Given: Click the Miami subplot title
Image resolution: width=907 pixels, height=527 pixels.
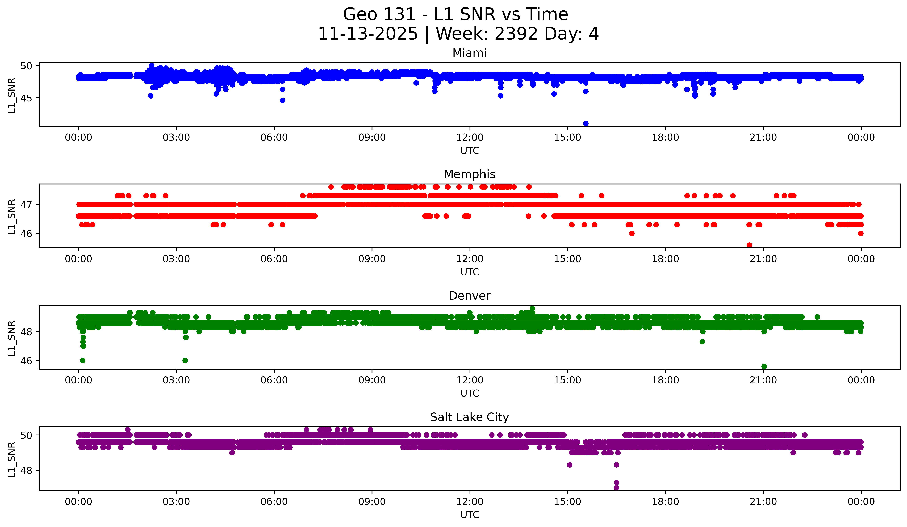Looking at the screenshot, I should (469, 53).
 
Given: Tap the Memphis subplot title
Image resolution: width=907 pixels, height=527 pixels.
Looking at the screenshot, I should (469, 174).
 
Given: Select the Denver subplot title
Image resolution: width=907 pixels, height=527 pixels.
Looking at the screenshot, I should (469, 296).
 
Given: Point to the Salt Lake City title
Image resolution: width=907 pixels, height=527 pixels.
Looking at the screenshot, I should (469, 417).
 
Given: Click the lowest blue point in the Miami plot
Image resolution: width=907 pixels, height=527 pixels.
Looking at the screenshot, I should (586, 124).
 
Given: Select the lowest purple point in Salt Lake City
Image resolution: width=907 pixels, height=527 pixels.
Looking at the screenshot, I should (616, 488).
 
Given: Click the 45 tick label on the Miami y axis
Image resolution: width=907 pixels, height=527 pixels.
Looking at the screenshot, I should (27, 98).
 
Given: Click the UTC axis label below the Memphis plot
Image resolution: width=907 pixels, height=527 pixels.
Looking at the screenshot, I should (470, 272).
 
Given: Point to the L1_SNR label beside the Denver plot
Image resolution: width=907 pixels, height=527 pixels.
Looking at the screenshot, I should (11, 338).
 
